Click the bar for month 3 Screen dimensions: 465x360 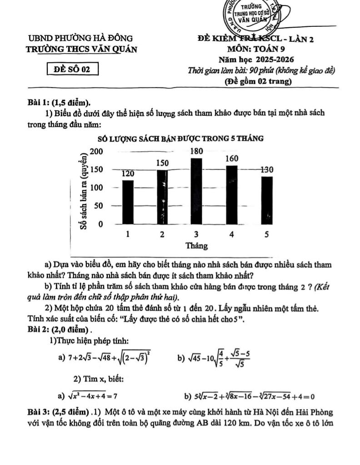pos(196,191)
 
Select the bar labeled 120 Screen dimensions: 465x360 pos(128,202)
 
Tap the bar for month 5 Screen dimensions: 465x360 pos(267,200)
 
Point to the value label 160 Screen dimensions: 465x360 pos(232,159)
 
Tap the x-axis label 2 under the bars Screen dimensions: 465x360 pos(162,235)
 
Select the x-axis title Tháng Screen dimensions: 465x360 pos(196,246)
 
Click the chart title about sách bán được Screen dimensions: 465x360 pos(180,138)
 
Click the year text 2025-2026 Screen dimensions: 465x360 pos(275,59)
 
